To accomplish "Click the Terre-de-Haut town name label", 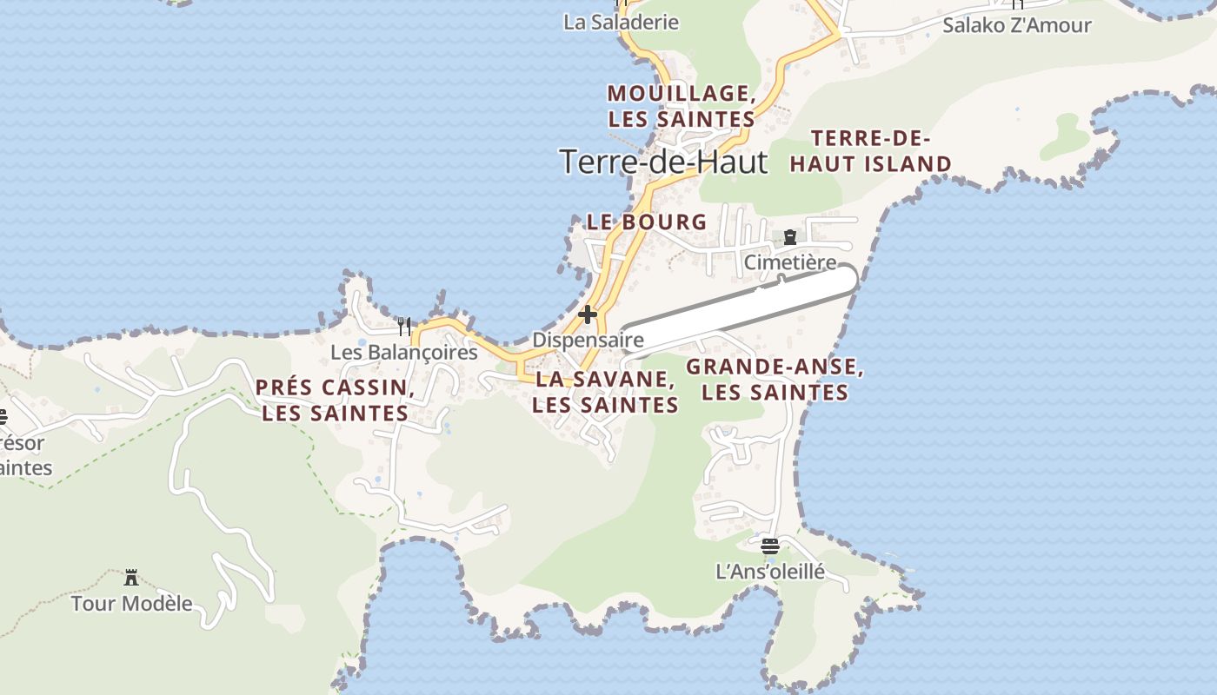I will (x=664, y=162).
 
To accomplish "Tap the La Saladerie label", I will (x=621, y=22).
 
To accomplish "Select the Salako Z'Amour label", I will (x=1016, y=24).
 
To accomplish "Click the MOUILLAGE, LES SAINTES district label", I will (x=681, y=106).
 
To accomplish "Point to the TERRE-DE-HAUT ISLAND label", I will (x=870, y=151).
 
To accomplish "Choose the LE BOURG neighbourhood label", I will (x=647, y=222).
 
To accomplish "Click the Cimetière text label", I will (x=790, y=262).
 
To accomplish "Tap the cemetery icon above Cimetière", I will (x=790, y=237).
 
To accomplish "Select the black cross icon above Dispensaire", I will (x=589, y=314).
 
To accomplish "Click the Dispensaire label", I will (x=588, y=340).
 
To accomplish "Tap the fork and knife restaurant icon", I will (x=403, y=327).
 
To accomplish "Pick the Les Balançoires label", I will (x=404, y=353).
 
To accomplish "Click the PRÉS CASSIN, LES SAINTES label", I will (x=335, y=400).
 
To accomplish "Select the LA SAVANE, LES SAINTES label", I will (x=605, y=392).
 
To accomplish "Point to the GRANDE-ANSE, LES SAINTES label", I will (x=775, y=380).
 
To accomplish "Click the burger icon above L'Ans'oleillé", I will (x=769, y=546).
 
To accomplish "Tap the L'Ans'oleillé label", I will (x=769, y=572).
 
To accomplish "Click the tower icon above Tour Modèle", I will (x=131, y=578).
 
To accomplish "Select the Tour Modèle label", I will (x=131, y=603).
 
